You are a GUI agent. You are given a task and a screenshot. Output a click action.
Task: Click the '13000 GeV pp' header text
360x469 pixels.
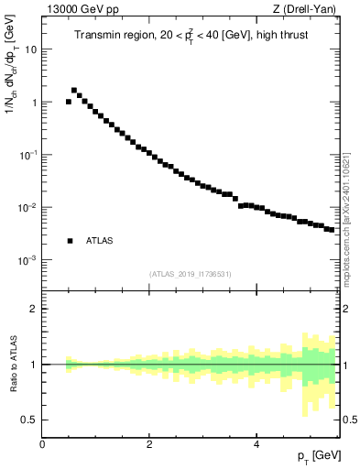click(x=80, y=9)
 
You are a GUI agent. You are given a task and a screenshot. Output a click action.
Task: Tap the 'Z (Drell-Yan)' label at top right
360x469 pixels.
click(x=306, y=9)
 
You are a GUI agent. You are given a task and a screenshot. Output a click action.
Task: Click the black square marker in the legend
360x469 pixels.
click(x=70, y=241)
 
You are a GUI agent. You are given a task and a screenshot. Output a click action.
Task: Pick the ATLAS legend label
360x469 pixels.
click(x=99, y=241)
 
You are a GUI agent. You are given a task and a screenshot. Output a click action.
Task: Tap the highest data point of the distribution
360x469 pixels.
click(x=74, y=91)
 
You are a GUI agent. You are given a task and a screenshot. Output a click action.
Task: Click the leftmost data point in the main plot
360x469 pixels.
click(x=69, y=102)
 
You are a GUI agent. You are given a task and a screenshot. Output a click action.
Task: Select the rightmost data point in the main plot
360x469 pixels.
click(x=331, y=229)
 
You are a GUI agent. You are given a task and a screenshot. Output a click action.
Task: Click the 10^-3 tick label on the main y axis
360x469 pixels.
click(x=27, y=260)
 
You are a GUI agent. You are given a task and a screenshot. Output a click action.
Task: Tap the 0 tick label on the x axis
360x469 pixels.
click(x=42, y=444)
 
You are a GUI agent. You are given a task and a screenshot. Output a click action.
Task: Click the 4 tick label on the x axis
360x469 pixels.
click(x=256, y=444)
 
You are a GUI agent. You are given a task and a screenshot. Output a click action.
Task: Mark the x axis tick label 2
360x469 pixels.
click(x=149, y=444)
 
